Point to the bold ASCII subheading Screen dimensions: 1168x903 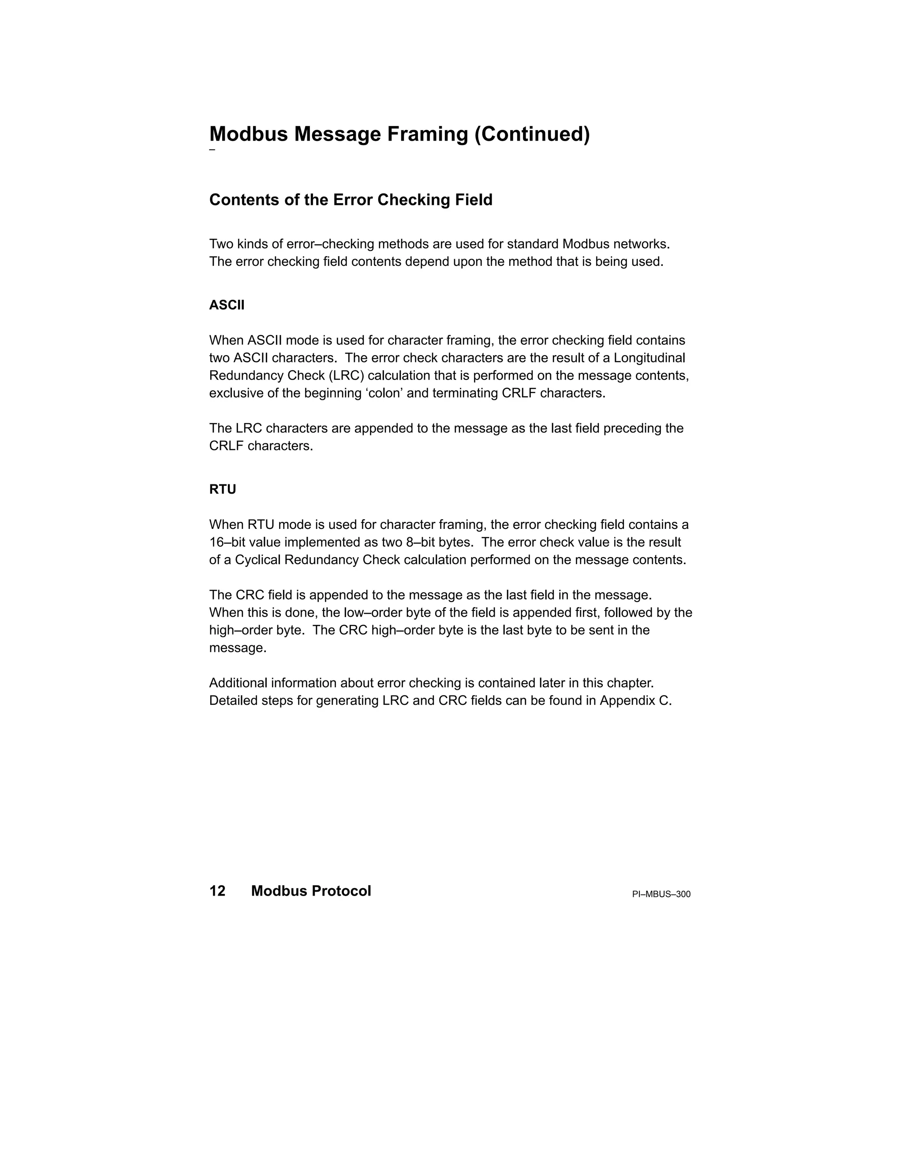click(x=227, y=305)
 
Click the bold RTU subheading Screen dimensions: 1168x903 click(x=223, y=489)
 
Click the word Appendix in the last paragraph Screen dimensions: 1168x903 click(x=627, y=701)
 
